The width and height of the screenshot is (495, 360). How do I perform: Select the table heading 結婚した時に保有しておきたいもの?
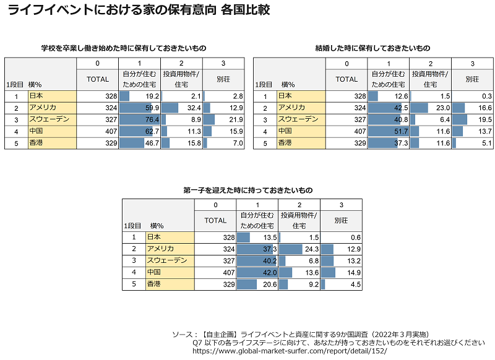tap(372, 48)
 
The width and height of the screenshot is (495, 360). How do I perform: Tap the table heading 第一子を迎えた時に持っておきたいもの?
tap(247, 189)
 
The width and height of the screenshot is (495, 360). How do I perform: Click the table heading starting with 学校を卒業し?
tap(123, 48)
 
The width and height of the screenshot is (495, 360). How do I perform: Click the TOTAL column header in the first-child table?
tap(215, 220)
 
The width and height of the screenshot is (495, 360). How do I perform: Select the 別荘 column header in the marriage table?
tap(472, 79)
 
